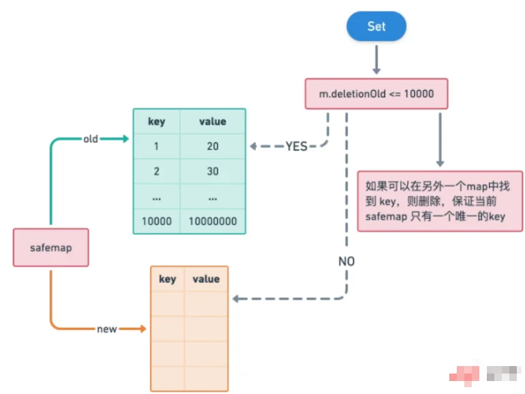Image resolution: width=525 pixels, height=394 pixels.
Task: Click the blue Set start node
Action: pyautogui.click(x=376, y=27)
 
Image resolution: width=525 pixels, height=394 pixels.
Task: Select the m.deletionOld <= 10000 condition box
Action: pyautogui.click(x=376, y=93)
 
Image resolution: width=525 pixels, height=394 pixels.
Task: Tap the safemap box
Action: pyautogui.click(x=51, y=247)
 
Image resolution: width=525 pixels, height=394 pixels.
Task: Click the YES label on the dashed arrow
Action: pyautogui.click(x=297, y=146)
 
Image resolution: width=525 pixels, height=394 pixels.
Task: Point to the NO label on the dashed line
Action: pyautogui.click(x=346, y=261)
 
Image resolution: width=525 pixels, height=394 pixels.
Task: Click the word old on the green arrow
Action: pyautogui.click(x=91, y=139)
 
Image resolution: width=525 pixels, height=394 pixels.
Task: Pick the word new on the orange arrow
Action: pyautogui.click(x=107, y=329)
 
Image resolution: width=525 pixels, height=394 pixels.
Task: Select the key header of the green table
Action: pyautogui.click(x=157, y=122)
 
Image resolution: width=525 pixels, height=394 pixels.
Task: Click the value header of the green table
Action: pyautogui.click(x=213, y=122)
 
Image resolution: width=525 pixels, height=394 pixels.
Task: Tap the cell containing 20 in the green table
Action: pyautogui.click(x=213, y=147)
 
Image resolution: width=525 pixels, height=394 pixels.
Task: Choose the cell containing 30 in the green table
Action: pyautogui.click(x=213, y=171)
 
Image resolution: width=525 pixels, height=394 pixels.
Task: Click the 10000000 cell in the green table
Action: pyautogui.click(x=213, y=222)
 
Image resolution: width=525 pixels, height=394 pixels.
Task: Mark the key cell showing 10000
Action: pyautogui.click(x=157, y=222)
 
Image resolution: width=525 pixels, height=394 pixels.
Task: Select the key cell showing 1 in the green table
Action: pyautogui.click(x=157, y=147)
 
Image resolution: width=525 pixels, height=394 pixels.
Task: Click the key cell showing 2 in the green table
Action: pyautogui.click(x=157, y=171)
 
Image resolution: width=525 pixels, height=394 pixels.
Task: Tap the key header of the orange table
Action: pyautogui.click(x=167, y=279)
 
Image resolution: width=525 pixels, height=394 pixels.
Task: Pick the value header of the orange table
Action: pyautogui.click(x=206, y=279)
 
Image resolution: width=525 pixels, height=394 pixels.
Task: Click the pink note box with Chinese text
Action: pyautogui.click(x=440, y=201)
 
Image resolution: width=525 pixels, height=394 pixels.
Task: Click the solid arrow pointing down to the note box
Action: pyautogui.click(x=440, y=139)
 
